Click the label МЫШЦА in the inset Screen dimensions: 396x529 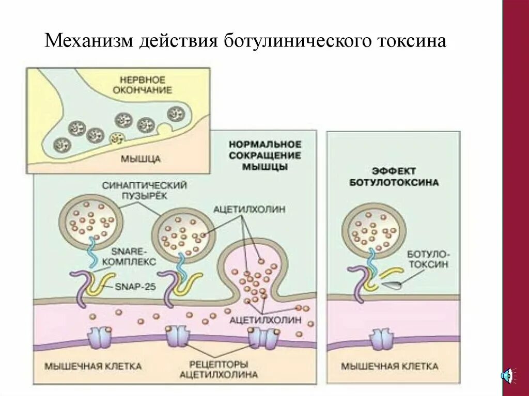pos(141,159)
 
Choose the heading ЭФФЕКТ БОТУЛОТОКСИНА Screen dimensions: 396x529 pos(394,177)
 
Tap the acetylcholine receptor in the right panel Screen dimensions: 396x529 pos(381,340)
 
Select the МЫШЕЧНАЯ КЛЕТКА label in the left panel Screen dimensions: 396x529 pos(92,366)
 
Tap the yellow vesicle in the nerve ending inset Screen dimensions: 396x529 pos(117,138)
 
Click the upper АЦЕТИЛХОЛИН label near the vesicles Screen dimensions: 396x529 pos(249,209)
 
